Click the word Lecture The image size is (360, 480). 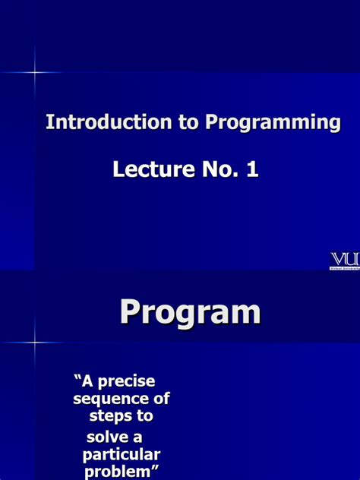click(x=148, y=169)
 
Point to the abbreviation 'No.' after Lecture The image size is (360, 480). click(x=213, y=169)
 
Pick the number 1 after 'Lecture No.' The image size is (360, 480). click(x=251, y=169)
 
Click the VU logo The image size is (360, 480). click(x=344, y=259)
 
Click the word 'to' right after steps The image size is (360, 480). click(x=146, y=416)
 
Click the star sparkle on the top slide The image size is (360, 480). click(x=35, y=72)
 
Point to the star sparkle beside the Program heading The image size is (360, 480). click(x=35, y=342)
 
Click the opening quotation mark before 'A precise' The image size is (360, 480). click(x=77, y=377)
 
